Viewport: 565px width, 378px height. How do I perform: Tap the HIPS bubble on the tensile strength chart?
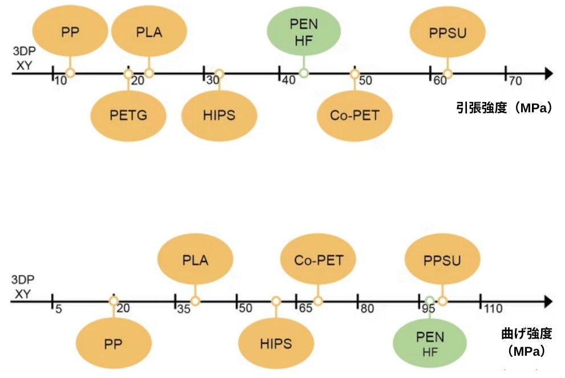pos(218,115)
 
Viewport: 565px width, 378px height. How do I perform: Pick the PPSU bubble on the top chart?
pos(448,32)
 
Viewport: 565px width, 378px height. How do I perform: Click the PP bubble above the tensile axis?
pos(70,32)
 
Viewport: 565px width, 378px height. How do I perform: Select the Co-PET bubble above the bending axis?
pos(319,261)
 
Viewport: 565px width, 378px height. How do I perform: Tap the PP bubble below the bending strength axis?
pos(113,344)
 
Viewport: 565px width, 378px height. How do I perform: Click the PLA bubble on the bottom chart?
pos(195,261)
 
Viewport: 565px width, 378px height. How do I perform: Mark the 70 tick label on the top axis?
pos(515,81)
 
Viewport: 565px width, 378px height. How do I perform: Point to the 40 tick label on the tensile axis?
pos(288,81)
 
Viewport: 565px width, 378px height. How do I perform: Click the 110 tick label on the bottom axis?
pos(493,310)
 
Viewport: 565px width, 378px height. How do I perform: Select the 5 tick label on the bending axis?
pos(58,310)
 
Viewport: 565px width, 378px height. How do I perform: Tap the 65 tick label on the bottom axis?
pos(306,310)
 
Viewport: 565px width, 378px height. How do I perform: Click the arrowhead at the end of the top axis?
pos(548,73)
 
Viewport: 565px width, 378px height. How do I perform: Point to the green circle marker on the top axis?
pos(304,73)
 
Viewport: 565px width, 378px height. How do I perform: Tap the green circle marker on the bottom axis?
pos(430,301)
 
